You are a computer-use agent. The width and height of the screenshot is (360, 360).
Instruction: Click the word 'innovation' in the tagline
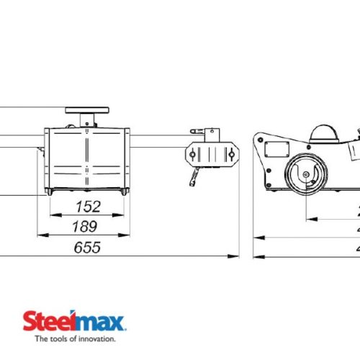(94, 337)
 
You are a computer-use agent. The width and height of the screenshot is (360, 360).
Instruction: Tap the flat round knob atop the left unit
(86, 110)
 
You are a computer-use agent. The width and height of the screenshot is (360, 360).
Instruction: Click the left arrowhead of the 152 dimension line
(52, 215)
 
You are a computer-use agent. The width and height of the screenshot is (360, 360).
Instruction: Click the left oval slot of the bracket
(193, 152)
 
